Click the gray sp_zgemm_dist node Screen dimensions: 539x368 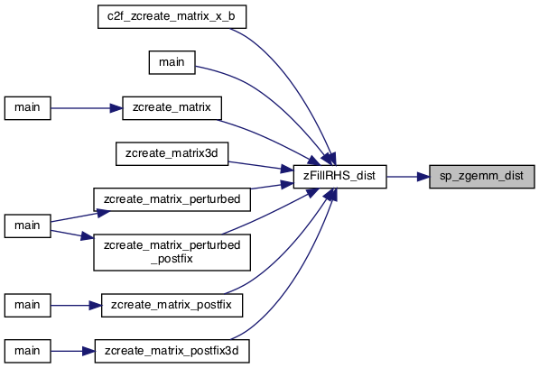point(482,177)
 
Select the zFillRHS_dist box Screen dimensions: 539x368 point(339,177)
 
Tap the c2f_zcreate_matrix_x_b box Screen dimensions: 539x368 point(172,16)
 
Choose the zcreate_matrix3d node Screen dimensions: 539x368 point(172,154)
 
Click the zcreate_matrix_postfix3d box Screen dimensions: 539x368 point(172,351)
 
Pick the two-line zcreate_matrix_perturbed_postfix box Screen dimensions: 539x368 point(172,253)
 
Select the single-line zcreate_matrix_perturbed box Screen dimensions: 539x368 point(172,199)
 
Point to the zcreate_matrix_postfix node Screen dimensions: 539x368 point(172,305)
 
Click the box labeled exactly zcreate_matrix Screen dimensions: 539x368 point(172,108)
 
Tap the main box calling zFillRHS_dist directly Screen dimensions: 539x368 point(172,62)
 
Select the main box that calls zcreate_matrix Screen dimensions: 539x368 point(27,108)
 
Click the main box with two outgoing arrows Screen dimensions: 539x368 point(27,225)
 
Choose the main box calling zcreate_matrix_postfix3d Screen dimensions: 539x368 point(27,351)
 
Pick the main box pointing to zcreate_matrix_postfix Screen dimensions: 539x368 point(27,305)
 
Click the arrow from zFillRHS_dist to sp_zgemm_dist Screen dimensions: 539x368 point(408,177)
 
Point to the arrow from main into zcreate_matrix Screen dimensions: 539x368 point(87,108)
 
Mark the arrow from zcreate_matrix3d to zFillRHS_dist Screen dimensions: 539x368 point(261,166)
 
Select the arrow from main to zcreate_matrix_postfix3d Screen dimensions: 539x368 point(72,351)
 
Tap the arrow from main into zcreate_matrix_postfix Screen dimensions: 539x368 point(76,305)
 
